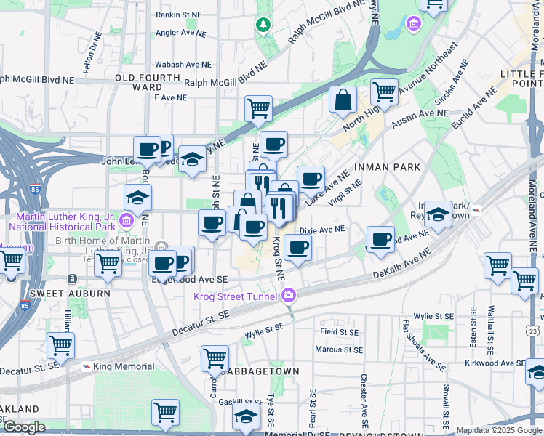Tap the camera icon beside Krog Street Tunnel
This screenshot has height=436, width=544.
[x=289, y=295]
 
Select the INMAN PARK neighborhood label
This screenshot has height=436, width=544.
[x=387, y=167]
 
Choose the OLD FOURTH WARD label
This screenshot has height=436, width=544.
[x=148, y=82]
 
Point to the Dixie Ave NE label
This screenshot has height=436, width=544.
[x=321, y=229]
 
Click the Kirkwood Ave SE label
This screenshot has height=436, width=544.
[x=495, y=363]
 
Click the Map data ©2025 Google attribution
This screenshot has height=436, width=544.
[x=498, y=430]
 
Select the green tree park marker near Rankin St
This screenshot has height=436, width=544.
[x=263, y=25]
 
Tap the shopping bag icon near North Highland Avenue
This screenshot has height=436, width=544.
[x=343, y=99]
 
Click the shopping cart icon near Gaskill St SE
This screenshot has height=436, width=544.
[x=165, y=411]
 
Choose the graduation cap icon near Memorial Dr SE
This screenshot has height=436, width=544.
[x=247, y=416]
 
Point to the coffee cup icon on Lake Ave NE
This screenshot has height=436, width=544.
[x=311, y=178]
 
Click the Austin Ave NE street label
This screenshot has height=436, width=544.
[x=420, y=113]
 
